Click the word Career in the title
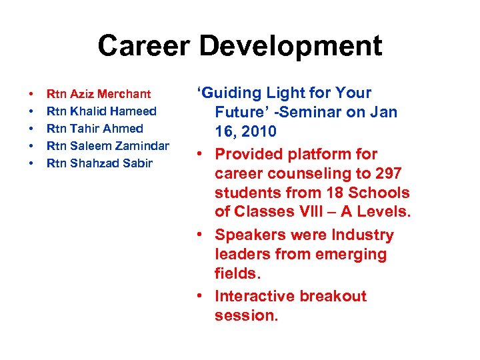click(x=143, y=46)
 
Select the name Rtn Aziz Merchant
click(x=99, y=94)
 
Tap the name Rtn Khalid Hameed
click(x=101, y=111)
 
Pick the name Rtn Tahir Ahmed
click(x=94, y=129)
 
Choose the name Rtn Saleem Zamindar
click(x=107, y=146)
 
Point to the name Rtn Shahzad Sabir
click(x=99, y=163)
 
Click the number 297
click(x=387, y=173)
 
